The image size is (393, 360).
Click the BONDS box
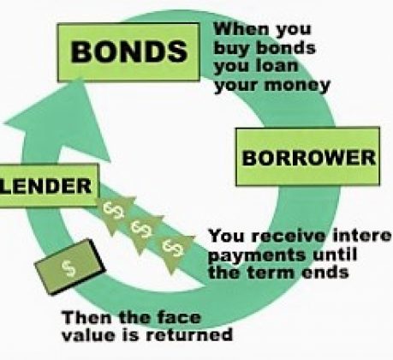point(128,52)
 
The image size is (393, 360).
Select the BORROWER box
point(307,156)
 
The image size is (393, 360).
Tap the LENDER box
point(48,185)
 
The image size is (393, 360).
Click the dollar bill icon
point(69,267)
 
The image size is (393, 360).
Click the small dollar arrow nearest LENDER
point(114,213)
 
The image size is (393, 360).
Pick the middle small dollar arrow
point(142,231)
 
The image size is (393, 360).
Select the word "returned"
point(189,334)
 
